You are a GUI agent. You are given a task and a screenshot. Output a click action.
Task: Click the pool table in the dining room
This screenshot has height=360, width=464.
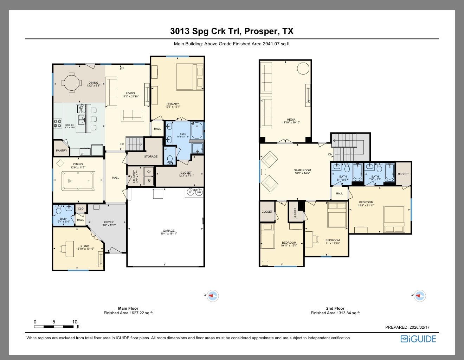point(78,181)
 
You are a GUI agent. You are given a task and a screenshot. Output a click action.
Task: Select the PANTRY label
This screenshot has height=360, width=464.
point(62,150)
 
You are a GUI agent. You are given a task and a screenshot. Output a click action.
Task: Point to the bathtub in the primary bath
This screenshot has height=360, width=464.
point(197,130)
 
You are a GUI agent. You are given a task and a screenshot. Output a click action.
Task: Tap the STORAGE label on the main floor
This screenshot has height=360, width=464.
point(151,156)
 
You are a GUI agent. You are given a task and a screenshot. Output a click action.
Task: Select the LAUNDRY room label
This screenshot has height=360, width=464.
point(134,176)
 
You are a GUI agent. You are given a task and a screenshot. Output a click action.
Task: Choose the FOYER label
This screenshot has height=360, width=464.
point(109,222)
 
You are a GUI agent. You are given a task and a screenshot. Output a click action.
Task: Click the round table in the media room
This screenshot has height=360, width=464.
point(303,68)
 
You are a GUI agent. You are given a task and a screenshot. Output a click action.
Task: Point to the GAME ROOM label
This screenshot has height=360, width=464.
point(302,170)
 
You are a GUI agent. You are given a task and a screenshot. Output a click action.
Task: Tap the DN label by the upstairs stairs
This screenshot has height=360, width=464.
point(330,154)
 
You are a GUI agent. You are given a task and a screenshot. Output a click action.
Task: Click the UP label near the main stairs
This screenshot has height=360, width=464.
point(122,144)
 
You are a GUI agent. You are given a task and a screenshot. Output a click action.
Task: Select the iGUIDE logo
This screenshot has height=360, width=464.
point(418,339)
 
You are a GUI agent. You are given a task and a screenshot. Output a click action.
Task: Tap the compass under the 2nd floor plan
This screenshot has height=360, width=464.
point(420,296)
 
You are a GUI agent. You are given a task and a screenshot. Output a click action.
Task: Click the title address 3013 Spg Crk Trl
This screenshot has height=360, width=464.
point(232,31)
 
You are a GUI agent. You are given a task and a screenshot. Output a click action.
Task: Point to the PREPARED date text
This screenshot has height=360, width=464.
point(407,327)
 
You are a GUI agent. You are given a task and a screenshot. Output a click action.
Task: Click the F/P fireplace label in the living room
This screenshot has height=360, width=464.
point(122,69)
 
